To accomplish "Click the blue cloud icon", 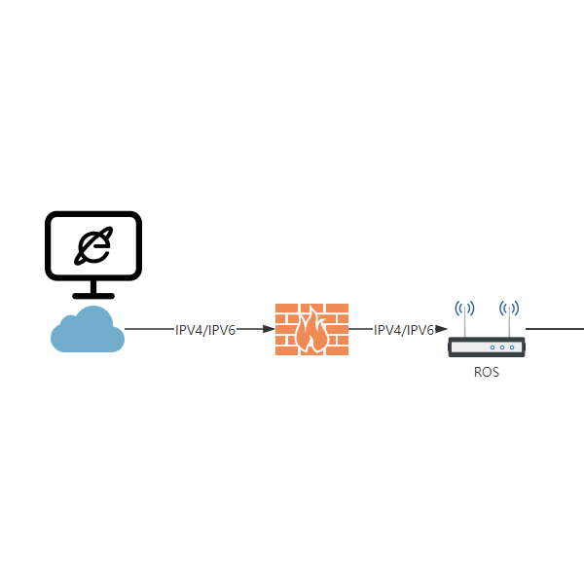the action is (88, 330).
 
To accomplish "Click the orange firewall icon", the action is (311, 329).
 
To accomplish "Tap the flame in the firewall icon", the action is (312, 330).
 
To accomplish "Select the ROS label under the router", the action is (487, 372).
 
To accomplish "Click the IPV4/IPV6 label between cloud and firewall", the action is (205, 330).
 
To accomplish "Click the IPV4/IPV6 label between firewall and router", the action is (404, 330).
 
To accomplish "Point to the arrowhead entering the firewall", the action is (269, 329).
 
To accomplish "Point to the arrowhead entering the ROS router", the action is (441, 329).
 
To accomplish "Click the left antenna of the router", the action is (464, 322).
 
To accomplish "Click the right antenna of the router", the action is (509, 322).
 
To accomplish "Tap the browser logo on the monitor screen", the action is (93, 246).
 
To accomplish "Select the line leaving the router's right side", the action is (555, 329).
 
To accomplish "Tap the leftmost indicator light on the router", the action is (493, 347).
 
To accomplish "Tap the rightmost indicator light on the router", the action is (512, 347).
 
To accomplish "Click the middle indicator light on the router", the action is (502, 347).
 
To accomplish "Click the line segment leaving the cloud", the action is (149, 329).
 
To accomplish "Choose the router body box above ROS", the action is (487, 347).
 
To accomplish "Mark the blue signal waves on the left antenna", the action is (464, 309).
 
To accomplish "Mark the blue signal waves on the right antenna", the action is (509, 309).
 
